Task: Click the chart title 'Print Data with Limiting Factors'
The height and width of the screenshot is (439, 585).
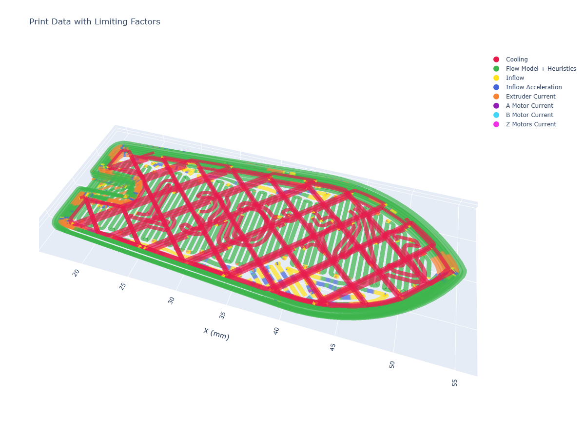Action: (x=95, y=21)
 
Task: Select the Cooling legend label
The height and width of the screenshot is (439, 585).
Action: (x=516, y=60)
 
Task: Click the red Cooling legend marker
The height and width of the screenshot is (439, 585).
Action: (x=496, y=60)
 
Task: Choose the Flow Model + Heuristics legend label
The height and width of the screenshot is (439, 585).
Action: (x=541, y=69)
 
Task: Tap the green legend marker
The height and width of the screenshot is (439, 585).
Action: (x=496, y=69)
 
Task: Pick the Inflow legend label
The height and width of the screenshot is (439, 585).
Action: (x=515, y=78)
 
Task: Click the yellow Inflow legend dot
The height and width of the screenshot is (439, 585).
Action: (x=496, y=78)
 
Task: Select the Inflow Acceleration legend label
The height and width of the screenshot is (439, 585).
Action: (x=533, y=87)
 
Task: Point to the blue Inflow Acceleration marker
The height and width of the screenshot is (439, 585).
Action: (x=496, y=87)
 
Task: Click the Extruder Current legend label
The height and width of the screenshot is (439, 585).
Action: (x=530, y=97)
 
